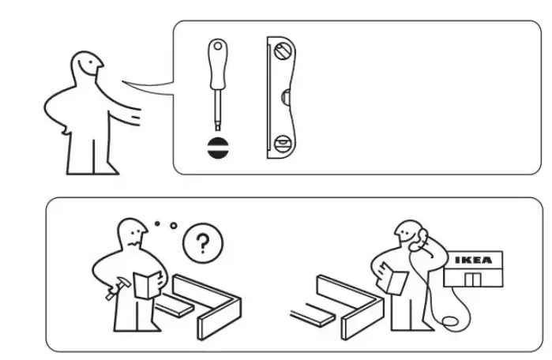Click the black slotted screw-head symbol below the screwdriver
click(x=216, y=148)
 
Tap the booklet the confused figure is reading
click(x=147, y=283)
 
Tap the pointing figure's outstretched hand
click(x=136, y=118)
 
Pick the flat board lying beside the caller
click(x=311, y=317)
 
